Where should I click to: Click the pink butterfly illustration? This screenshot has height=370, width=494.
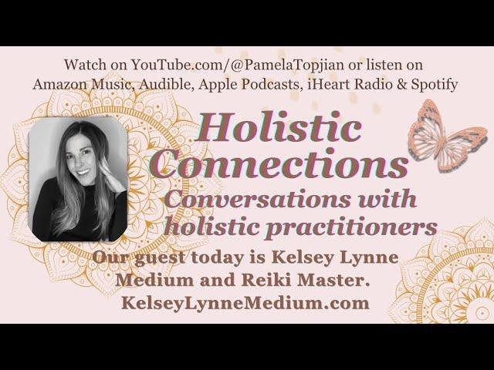click(448, 136)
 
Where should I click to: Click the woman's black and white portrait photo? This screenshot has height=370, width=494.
click(78, 179)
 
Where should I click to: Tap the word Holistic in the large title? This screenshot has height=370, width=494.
click(279, 128)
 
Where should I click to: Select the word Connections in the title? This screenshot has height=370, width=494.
click(281, 163)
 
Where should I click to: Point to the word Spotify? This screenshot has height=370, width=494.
click(434, 84)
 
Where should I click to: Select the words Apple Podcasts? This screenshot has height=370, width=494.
click(250, 84)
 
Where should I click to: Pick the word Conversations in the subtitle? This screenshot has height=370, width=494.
click(257, 199)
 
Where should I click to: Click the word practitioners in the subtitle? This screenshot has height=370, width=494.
click(350, 227)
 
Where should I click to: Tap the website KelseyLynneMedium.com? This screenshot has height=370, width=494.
click(245, 303)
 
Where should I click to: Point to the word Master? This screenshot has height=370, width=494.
click(333, 280)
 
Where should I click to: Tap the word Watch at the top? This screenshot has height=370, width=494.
click(85, 65)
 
